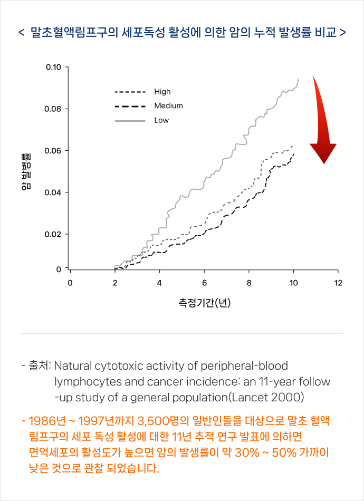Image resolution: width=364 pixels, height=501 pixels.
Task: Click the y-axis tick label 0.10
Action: tap(54, 68)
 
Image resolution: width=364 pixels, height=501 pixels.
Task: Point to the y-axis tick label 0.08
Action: tap(54, 109)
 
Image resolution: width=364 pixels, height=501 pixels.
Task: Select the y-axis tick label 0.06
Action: tap(54, 151)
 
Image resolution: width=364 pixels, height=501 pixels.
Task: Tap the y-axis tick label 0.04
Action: tap(54, 192)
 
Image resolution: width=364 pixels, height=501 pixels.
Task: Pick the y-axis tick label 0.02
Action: tap(54, 234)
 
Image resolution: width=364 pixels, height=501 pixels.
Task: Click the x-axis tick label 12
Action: tap(338, 283)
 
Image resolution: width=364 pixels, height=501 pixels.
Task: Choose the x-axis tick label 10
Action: tap(293, 283)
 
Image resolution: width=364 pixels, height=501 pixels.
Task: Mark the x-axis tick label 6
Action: tap(204, 283)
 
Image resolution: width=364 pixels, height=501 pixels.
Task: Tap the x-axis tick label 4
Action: tap(159, 283)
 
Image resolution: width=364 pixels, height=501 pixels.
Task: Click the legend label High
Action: tap(162, 92)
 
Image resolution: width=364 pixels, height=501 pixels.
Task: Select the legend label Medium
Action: tap(168, 106)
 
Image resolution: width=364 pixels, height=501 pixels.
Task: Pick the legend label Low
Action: tap(161, 120)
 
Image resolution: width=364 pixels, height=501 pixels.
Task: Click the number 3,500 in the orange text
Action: tap(153, 421)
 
